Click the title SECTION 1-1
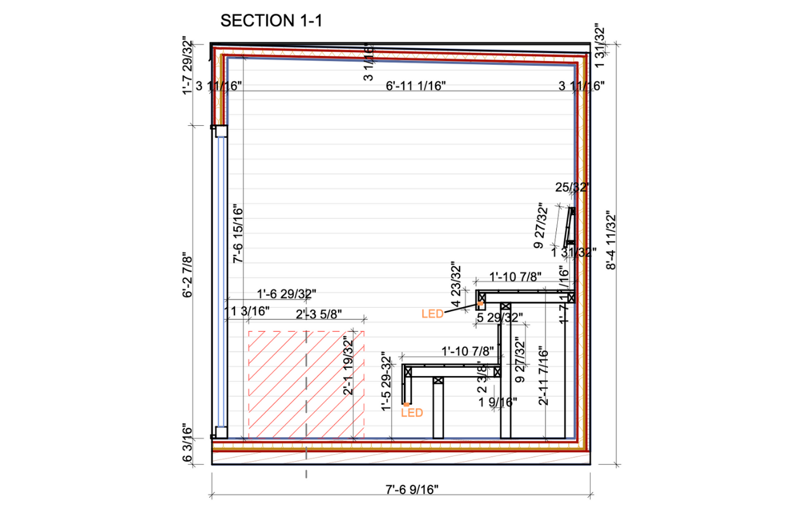(271, 21)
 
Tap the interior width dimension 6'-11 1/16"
(416, 86)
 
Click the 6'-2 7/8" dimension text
(188, 276)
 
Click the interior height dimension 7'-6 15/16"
(237, 234)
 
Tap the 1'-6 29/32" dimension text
(286, 293)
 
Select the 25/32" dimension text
(572, 188)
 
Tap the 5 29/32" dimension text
(499, 318)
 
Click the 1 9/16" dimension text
(497, 402)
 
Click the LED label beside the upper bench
(432, 314)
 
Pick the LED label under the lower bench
(411, 413)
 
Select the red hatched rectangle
(306, 384)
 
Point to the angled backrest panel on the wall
(570, 227)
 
